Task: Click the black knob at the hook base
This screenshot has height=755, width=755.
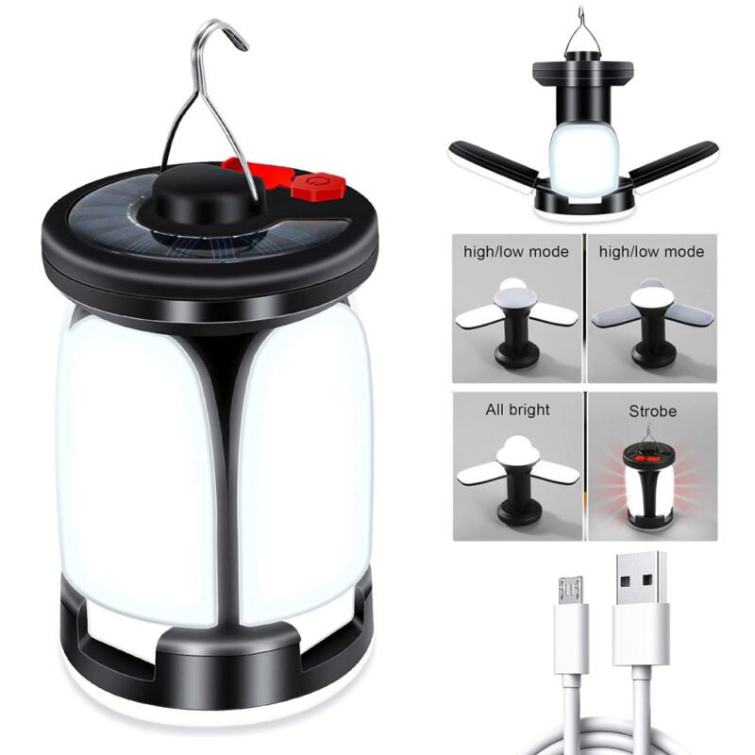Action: (x=208, y=195)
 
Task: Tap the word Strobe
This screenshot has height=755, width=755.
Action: (x=652, y=411)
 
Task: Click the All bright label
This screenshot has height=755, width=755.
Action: (x=517, y=410)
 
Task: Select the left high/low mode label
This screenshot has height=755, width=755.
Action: (x=516, y=251)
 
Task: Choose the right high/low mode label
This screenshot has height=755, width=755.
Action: (x=651, y=251)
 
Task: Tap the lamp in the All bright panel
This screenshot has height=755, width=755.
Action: (x=517, y=479)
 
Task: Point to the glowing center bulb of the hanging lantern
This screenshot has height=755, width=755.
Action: (x=583, y=159)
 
